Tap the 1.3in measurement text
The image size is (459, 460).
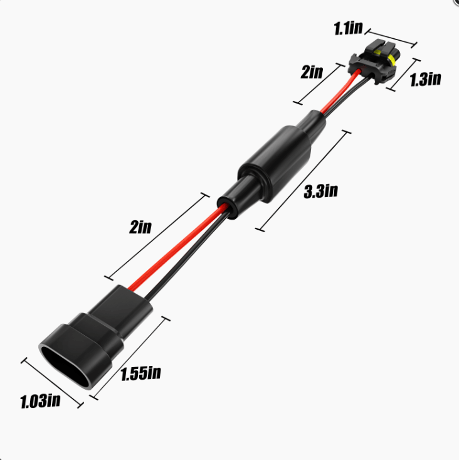(425, 79)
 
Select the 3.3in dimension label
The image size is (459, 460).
(320, 192)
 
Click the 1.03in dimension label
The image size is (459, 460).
(40, 400)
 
